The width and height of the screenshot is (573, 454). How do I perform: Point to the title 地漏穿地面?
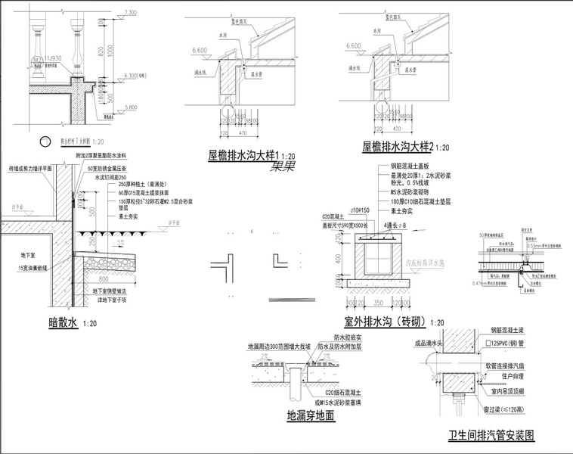point(310,415)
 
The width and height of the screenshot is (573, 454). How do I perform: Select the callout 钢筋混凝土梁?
point(514,331)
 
